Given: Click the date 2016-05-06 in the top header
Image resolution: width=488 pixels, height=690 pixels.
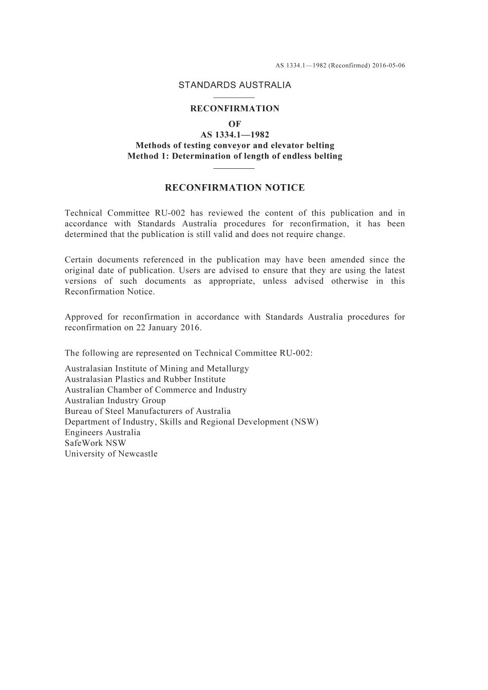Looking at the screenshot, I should tap(389, 66).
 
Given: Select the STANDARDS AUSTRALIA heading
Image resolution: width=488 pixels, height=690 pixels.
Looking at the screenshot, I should tap(235, 85).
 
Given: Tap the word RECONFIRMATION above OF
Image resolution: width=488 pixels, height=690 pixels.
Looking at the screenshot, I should tap(235, 109).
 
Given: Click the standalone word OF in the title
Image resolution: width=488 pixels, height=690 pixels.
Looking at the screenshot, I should tap(235, 124).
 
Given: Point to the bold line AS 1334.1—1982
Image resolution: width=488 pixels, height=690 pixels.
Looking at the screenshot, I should tap(235, 135).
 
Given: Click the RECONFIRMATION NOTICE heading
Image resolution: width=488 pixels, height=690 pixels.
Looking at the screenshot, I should tap(235, 188).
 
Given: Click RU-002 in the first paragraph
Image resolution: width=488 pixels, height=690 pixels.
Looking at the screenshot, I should tap(173, 213).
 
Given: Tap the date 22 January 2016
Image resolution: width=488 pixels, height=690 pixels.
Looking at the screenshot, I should tap(168, 328).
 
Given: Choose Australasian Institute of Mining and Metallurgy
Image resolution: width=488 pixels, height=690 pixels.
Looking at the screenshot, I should tap(157, 369).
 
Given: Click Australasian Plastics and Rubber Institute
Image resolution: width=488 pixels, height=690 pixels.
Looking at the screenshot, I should tap(145, 380).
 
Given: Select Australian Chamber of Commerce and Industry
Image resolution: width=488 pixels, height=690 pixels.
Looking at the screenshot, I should tap(156, 390).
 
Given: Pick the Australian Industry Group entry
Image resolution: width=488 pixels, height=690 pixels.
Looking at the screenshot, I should tap(115, 401).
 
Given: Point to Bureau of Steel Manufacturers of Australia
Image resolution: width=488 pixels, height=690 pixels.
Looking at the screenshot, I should tap(147, 411).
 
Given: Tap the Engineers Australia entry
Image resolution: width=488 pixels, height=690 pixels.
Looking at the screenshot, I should tap(102, 432).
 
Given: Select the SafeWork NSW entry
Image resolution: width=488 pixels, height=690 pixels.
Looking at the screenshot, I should tap(95, 443).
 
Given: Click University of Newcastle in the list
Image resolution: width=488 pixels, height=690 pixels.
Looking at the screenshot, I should tap(111, 454).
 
